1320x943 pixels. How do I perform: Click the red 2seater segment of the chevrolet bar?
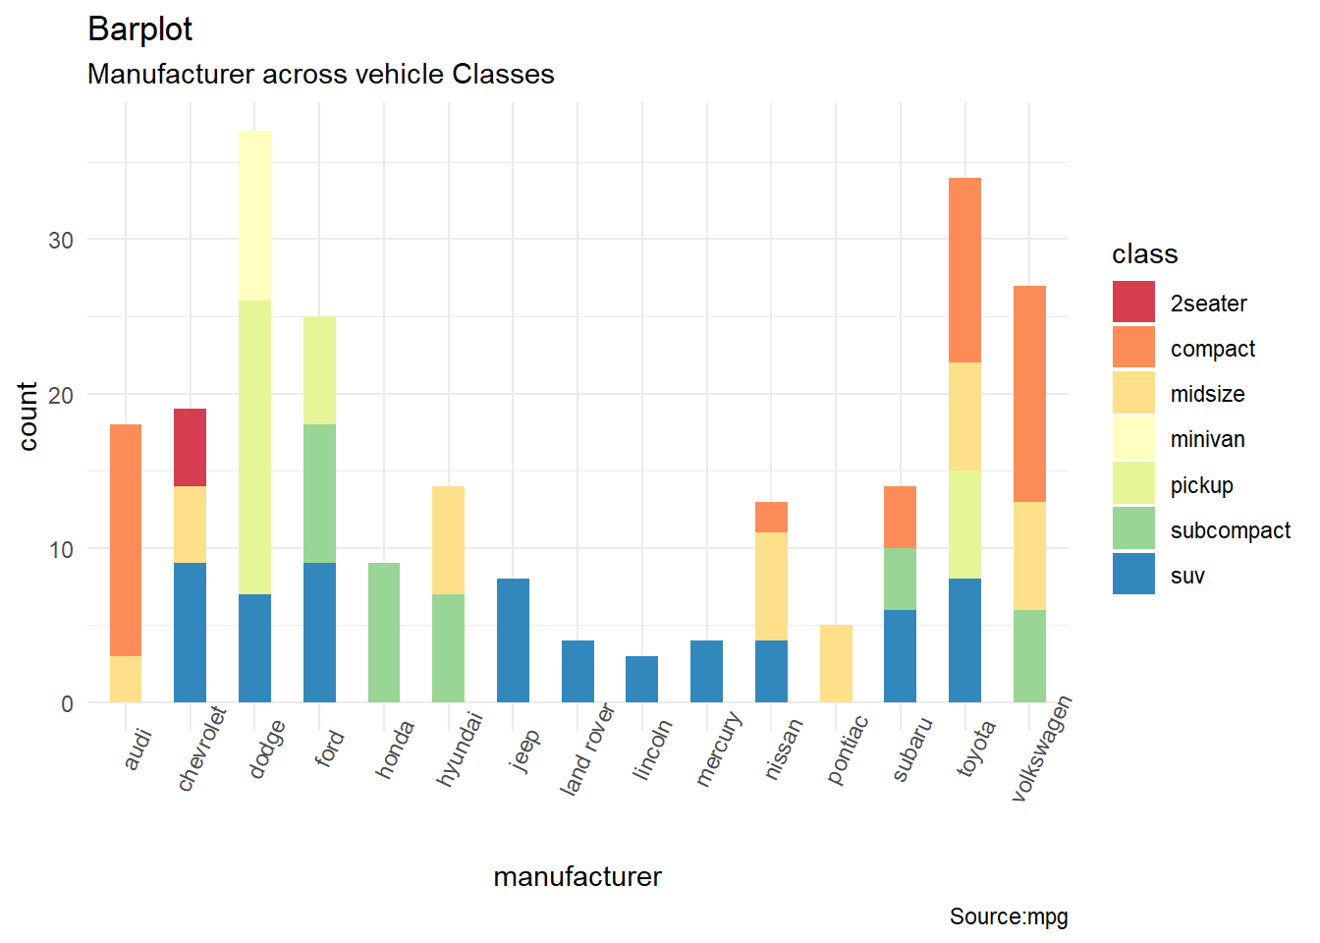coord(190,447)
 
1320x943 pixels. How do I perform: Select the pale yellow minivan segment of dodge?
coord(254,215)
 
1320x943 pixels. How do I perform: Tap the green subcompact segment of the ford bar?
coord(319,493)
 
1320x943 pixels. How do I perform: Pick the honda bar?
coord(384,633)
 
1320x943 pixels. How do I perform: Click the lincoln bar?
coord(641,679)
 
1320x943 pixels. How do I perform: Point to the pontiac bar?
coord(836,663)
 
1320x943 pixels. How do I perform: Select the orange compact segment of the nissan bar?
coord(771,517)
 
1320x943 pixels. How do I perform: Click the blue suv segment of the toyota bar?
coord(964,640)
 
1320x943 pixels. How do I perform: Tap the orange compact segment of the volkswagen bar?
coord(1029,393)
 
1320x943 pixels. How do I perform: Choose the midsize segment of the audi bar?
coord(126,679)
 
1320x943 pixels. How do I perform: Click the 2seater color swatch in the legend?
coord(1133,303)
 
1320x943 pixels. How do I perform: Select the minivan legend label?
coord(1207,439)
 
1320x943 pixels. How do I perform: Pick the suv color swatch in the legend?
coord(1133,575)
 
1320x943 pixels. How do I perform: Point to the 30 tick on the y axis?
coord(61,241)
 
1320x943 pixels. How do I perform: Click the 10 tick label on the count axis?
coord(61,550)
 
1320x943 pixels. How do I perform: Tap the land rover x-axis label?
coord(586,749)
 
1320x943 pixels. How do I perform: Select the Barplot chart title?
coord(139,28)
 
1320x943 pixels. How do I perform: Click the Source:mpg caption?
coord(1008,916)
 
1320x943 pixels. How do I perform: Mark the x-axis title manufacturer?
coord(577,876)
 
